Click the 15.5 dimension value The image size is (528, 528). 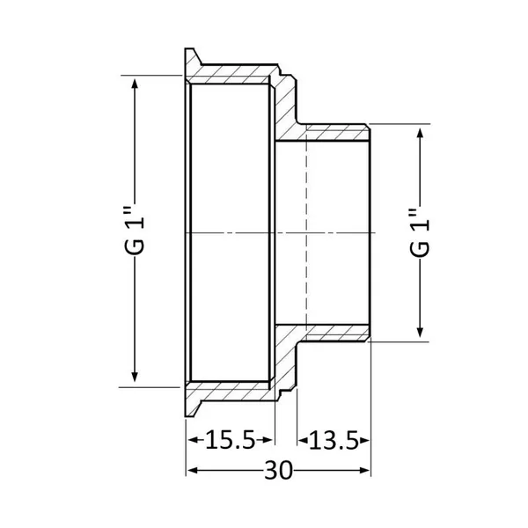click(230, 440)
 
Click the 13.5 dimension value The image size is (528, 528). click(334, 441)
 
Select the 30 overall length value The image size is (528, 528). click(278, 471)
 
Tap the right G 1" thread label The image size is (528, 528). click(420, 232)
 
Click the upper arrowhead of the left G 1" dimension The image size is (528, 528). click(135, 84)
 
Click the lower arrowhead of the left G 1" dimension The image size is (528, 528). click(135, 377)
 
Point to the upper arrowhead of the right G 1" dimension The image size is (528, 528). click(420, 134)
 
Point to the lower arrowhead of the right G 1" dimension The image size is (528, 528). click(420, 332)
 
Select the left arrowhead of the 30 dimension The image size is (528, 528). click(193, 471)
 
